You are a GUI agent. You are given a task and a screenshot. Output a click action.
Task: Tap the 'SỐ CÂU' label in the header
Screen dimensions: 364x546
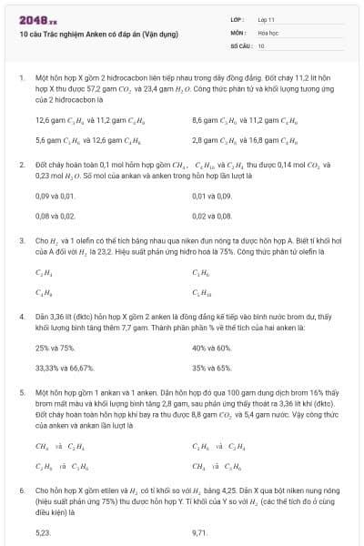coord(239,44)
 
